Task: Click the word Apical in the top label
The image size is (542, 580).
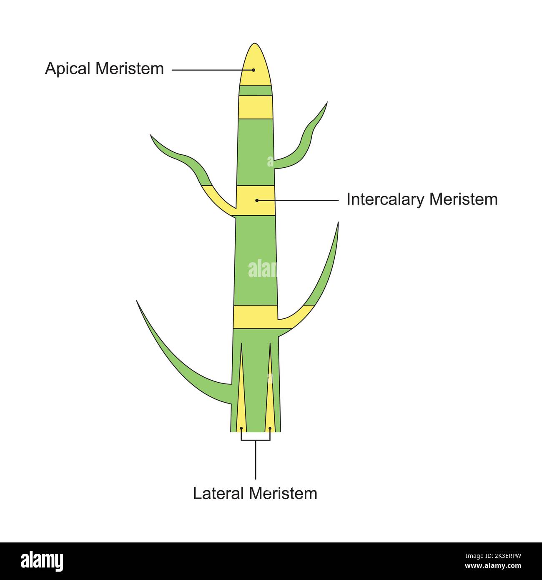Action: [x=69, y=69]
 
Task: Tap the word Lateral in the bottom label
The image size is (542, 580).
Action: [x=218, y=494]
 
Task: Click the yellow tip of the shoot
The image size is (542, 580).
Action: [x=255, y=65]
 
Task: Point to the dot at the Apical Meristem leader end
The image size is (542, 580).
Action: [x=253, y=70]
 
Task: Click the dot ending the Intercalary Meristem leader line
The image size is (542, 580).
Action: [x=257, y=200]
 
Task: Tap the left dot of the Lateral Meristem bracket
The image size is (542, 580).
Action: [x=241, y=428]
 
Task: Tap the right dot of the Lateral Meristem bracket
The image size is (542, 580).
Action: [x=271, y=428]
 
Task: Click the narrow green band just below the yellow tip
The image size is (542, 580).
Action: [x=255, y=91]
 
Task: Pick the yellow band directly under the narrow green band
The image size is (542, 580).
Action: [x=256, y=107]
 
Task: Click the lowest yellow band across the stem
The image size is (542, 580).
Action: [x=255, y=317]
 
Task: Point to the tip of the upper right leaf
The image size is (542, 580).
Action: [x=327, y=103]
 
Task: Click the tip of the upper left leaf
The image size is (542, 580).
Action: [x=151, y=135]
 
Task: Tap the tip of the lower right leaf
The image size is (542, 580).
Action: [x=338, y=223]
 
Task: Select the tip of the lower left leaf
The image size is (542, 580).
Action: [x=137, y=301]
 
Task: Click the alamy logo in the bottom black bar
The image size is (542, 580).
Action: [x=42, y=561]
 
